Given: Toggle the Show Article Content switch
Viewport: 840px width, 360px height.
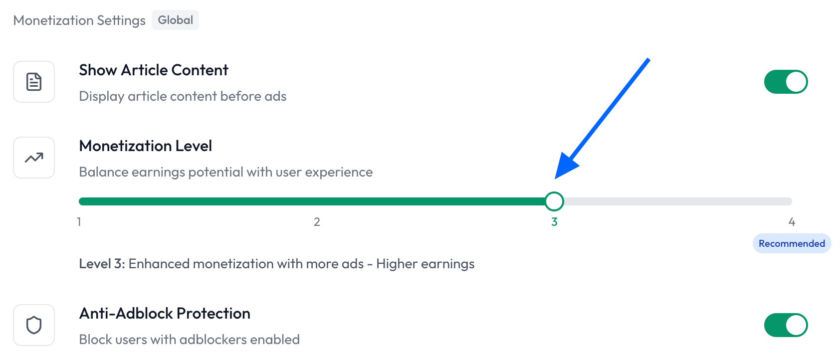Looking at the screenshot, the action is click(x=786, y=82).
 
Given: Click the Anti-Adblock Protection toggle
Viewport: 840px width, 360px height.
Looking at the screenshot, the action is click(x=786, y=325).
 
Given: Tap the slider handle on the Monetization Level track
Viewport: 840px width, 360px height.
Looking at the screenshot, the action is click(x=554, y=201).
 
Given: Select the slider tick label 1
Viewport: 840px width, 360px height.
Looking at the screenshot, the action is click(x=79, y=222).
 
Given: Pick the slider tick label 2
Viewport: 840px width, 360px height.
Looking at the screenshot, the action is click(x=317, y=222).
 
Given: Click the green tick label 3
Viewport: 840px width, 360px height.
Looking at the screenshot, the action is click(x=554, y=222).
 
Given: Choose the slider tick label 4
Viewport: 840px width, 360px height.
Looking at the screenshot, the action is click(x=792, y=222).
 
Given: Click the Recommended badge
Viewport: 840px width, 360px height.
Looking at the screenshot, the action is click(x=792, y=243).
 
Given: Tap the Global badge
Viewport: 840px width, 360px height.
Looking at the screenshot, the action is click(x=175, y=20).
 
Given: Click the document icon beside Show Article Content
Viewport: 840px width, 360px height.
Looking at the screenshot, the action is click(x=34, y=82).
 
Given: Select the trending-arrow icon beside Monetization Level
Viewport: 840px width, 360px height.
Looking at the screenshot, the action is click(x=34, y=158).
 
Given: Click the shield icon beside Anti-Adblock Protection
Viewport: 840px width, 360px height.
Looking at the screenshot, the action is click(x=34, y=325).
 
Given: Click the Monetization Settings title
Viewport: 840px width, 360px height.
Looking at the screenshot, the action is click(x=79, y=20).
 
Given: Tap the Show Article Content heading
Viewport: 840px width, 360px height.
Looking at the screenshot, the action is click(x=153, y=70).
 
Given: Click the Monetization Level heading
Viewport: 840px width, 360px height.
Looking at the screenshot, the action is click(x=146, y=146).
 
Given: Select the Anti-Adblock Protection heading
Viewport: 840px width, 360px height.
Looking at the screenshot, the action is click(x=165, y=314).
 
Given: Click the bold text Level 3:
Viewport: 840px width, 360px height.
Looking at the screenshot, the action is click(x=102, y=264).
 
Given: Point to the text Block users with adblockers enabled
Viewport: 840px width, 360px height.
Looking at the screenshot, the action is click(x=190, y=340).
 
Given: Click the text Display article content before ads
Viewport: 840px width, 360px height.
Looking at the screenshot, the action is click(x=183, y=96).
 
